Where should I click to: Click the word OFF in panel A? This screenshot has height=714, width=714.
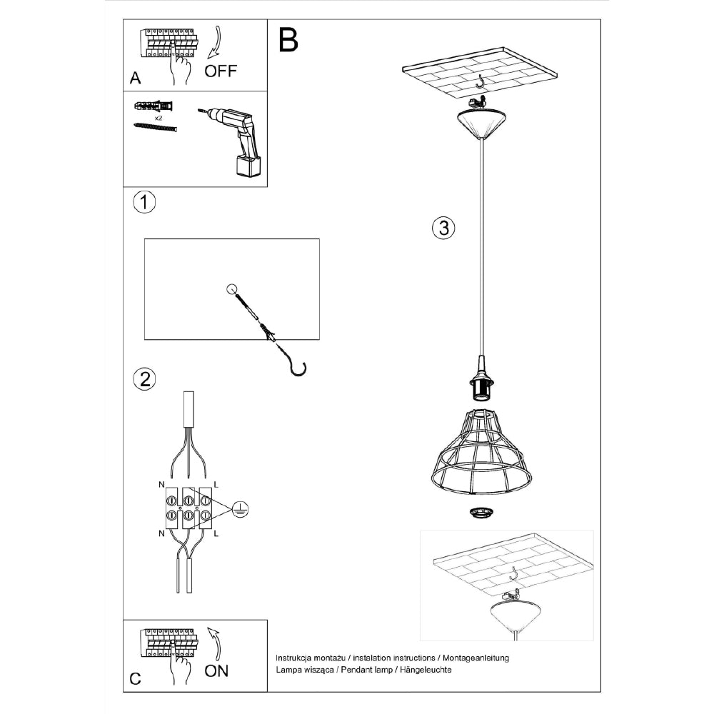(221, 71)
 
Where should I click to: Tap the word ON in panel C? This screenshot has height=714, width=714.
(216, 670)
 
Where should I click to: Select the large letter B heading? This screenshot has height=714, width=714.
(288, 40)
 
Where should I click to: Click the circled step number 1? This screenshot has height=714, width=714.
(144, 202)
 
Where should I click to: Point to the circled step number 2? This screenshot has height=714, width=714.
(144, 379)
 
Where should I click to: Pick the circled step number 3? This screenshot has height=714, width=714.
(443, 228)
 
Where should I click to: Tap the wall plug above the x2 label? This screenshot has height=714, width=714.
(154, 106)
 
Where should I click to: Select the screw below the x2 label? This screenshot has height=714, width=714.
(155, 127)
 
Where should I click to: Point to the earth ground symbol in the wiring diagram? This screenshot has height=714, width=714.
(240, 508)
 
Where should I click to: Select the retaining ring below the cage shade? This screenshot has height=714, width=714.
(481, 513)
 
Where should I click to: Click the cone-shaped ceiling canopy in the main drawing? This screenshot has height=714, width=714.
(481, 124)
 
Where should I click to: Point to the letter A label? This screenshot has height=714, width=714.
(135, 79)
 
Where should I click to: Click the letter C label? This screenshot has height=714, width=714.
(135, 679)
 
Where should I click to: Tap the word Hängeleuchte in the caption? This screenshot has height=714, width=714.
(426, 670)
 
